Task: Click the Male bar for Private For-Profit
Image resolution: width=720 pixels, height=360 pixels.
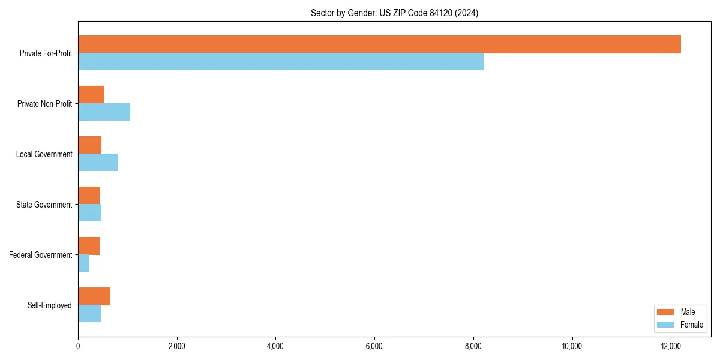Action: click(379, 44)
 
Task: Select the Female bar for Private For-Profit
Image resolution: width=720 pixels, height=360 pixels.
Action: click(281, 62)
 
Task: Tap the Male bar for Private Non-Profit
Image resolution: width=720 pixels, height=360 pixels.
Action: click(91, 95)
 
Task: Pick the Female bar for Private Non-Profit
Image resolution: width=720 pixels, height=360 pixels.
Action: click(104, 112)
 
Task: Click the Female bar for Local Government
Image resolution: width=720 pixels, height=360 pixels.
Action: click(98, 163)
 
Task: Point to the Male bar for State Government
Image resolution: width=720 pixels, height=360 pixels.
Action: click(89, 196)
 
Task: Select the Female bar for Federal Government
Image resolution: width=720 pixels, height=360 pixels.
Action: click(83, 263)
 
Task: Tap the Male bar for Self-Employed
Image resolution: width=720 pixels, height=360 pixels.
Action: click(94, 296)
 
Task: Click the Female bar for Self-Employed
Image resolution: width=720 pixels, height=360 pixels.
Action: click(89, 314)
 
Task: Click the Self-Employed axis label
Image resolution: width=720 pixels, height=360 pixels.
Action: click(50, 305)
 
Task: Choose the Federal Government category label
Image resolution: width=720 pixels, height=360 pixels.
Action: click(41, 255)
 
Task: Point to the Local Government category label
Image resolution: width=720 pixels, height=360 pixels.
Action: click(44, 154)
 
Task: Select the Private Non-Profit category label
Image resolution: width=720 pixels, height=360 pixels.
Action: click(45, 104)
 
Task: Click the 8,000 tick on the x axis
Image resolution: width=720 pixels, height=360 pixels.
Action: click(473, 346)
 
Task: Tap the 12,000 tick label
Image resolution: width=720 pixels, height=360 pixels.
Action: click(671, 346)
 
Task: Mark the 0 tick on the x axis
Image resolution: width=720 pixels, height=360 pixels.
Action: click(78, 346)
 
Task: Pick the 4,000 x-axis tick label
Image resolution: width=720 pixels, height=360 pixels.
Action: click(275, 346)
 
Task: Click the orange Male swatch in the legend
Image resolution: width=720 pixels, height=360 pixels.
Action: click(666, 312)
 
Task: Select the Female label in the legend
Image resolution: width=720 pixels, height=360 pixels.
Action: click(691, 325)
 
